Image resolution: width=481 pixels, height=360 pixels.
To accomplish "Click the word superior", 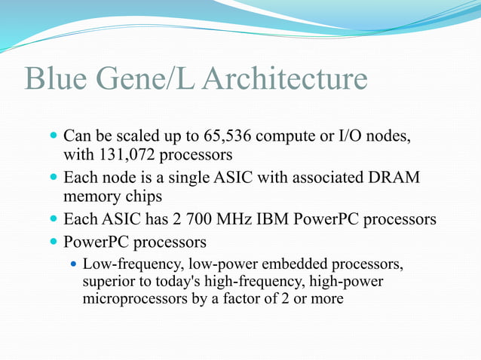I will (x=109, y=282).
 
